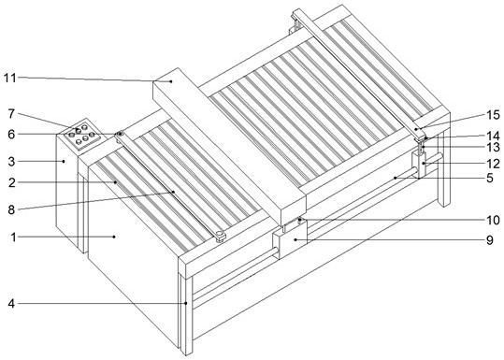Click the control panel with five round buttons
(x=81, y=133)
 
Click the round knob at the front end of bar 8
(x=221, y=237)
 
